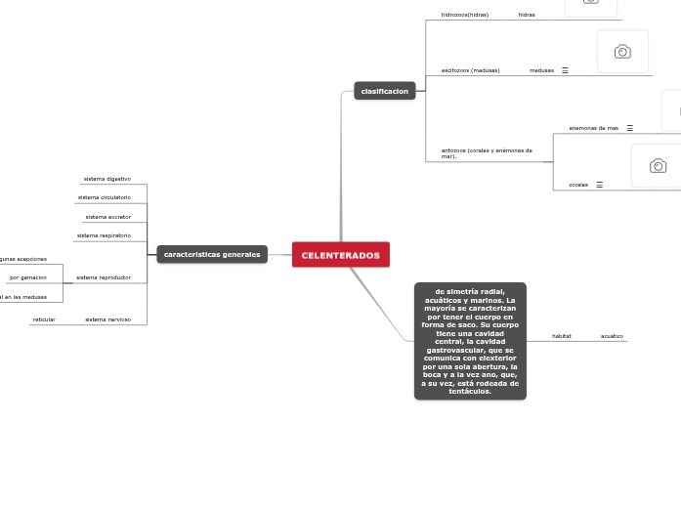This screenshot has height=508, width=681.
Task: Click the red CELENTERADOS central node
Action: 340,255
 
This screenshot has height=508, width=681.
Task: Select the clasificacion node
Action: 384,91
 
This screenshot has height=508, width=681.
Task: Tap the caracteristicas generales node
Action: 212,254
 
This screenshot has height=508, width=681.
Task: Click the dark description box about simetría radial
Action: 470,341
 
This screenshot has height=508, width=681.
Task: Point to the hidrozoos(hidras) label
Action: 465,15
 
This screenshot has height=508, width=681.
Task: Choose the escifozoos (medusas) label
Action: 470,70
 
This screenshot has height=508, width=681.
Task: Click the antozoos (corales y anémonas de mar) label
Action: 487,153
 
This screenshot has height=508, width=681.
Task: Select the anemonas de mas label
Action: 593,128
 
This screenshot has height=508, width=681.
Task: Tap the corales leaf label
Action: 578,185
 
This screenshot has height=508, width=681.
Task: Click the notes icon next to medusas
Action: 565,70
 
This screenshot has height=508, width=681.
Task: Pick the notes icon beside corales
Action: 599,185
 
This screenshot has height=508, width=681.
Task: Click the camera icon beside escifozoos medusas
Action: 622,52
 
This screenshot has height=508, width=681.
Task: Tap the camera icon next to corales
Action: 658,165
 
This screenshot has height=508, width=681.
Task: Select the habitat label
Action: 562,336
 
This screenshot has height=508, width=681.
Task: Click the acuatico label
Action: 612,336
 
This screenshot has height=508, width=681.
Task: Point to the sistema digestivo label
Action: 107,179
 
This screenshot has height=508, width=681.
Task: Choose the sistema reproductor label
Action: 104,277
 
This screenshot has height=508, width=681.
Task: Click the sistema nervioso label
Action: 107,319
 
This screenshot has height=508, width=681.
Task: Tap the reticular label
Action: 44,319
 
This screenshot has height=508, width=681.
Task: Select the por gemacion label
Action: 28,277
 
